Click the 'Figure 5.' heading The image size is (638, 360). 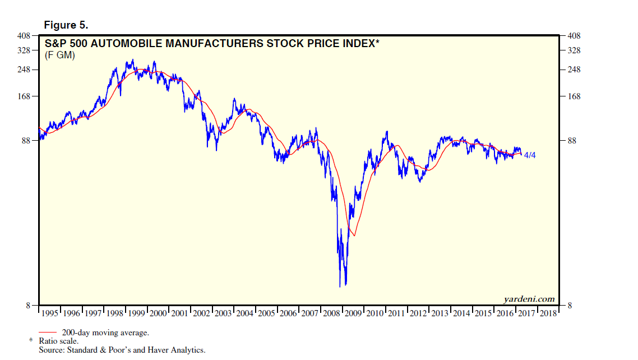tap(66, 26)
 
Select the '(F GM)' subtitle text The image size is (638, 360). tap(59, 55)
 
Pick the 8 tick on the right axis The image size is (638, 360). tap(570, 306)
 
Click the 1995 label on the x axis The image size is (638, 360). tap(50, 313)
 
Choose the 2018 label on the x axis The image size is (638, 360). tap(548, 313)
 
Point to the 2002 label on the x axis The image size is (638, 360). tap(202, 313)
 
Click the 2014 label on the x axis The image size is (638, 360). tap(462, 313)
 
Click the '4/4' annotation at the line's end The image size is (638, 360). tap(529, 155)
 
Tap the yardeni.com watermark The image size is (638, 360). tap(530, 299)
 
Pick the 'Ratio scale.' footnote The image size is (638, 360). tap(58, 341)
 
